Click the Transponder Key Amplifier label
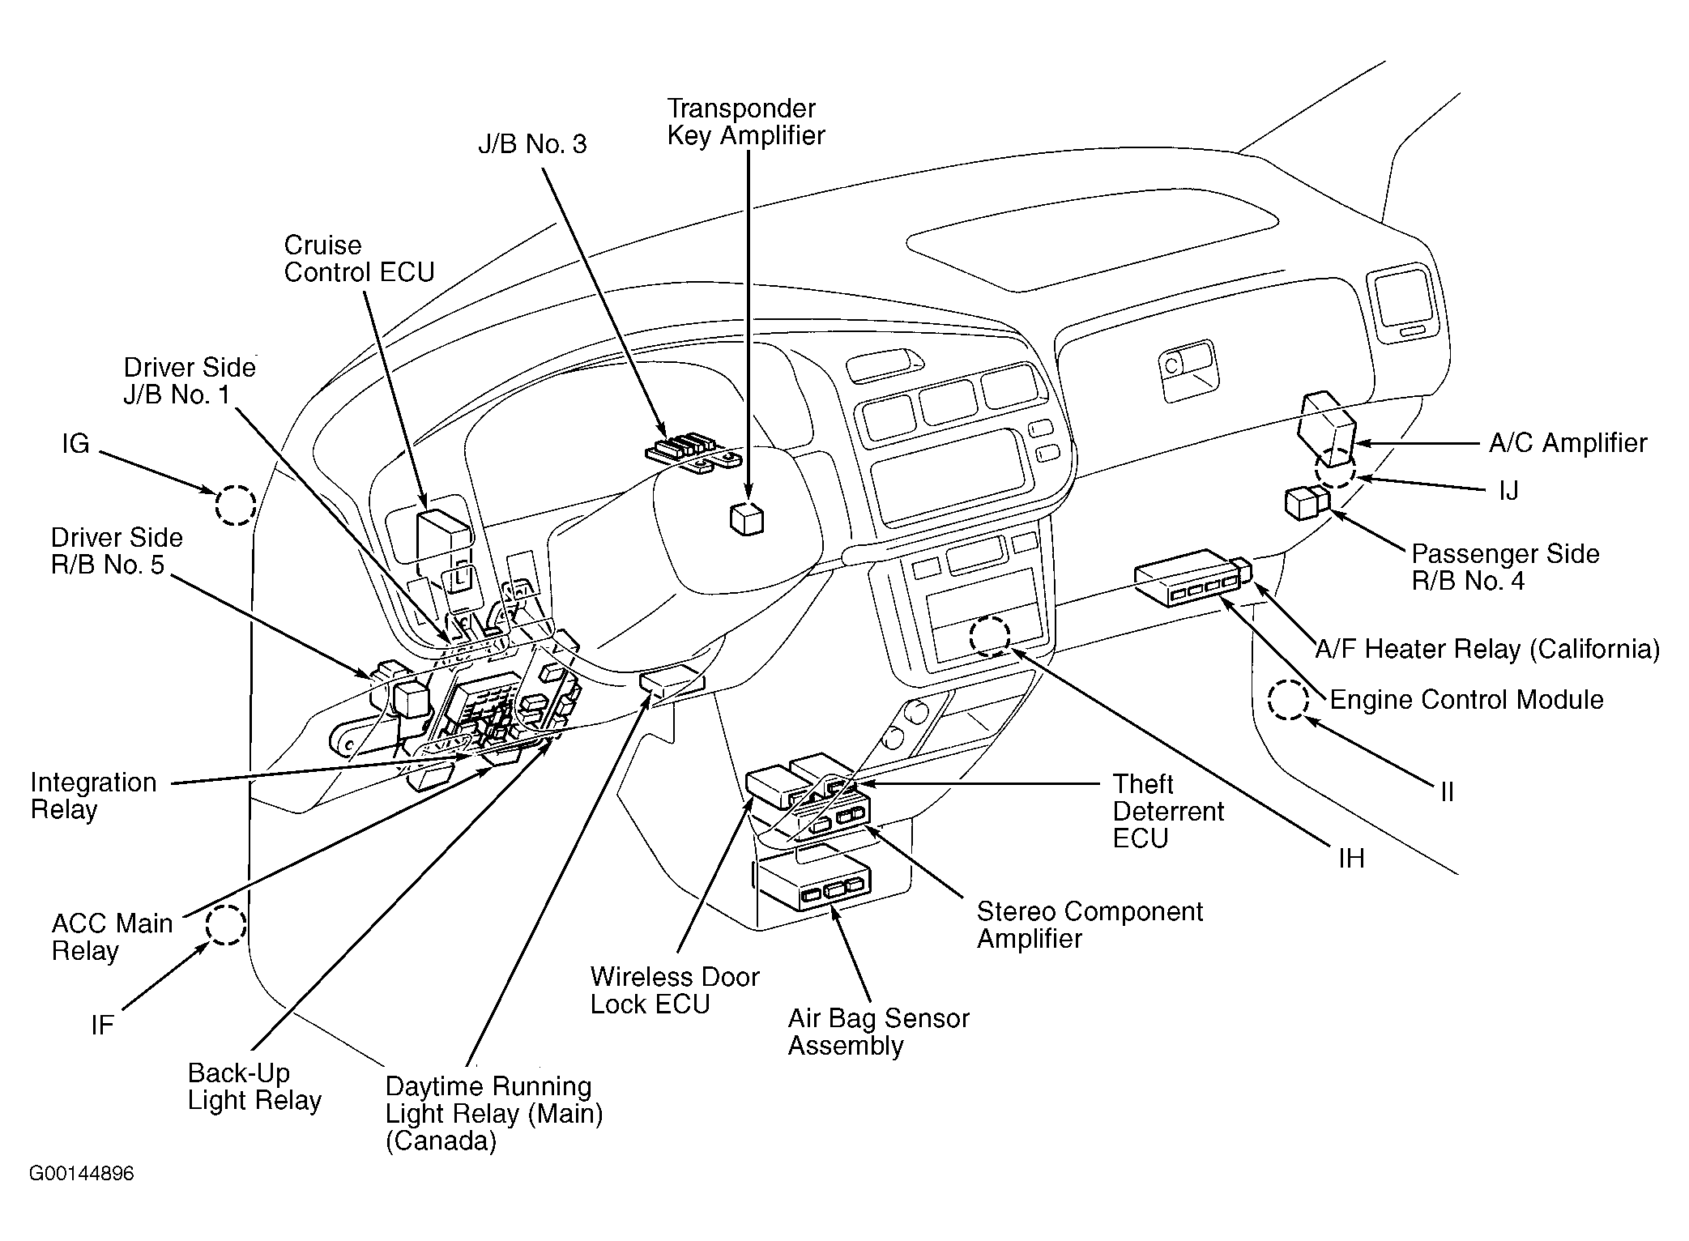[745, 122]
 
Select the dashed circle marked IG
[236, 505]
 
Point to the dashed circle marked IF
[225, 924]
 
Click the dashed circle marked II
[1288, 700]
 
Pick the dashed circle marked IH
[990, 636]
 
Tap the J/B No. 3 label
[532, 144]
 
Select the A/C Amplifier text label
[1567, 443]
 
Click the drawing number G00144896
[82, 1174]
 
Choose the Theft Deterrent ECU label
[1168, 811]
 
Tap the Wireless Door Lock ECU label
[674, 990]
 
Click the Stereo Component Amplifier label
[1089, 924]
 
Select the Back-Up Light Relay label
[254, 1086]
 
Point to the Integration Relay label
[93, 795]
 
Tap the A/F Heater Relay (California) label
[1486, 649]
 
